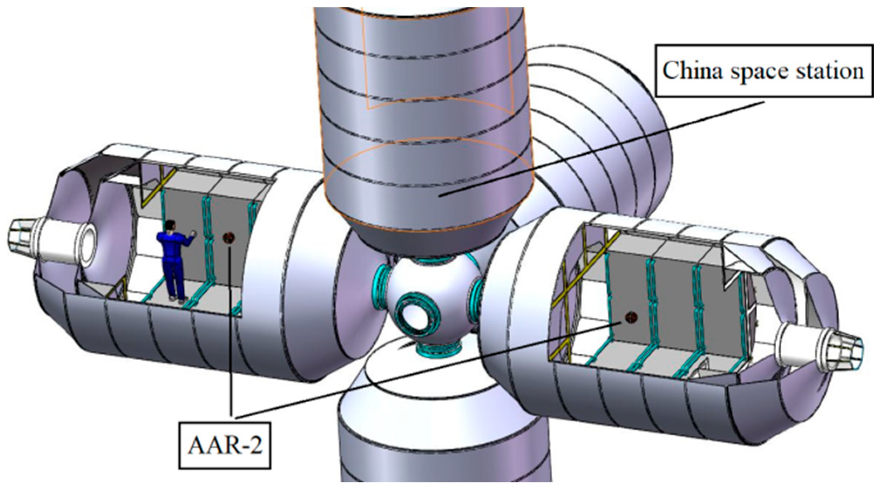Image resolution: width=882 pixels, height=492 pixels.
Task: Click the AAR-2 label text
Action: (x=225, y=445)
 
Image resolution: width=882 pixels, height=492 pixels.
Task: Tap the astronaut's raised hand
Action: (x=193, y=234)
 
